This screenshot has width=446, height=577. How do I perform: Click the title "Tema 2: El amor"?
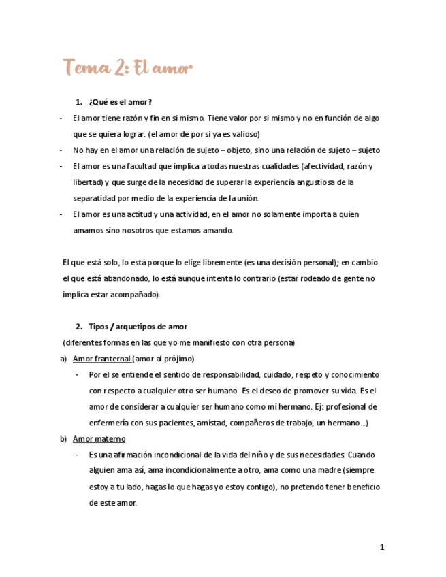point(128,68)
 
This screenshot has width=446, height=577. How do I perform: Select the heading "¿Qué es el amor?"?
point(120,102)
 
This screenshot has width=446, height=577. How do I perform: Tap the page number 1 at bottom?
point(382,547)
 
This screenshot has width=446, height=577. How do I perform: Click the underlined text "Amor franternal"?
point(101,359)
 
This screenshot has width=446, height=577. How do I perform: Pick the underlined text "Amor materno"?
point(99,439)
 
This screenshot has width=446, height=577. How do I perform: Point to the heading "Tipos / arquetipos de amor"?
point(138,327)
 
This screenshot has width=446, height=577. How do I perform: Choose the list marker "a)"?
point(63,359)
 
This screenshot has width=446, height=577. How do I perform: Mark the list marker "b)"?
point(63,439)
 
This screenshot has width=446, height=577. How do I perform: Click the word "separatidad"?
point(95,198)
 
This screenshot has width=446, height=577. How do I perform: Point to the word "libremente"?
point(204,263)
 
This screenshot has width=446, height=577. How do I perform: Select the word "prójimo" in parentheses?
point(178,359)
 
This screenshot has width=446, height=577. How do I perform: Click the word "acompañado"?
point(137,295)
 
